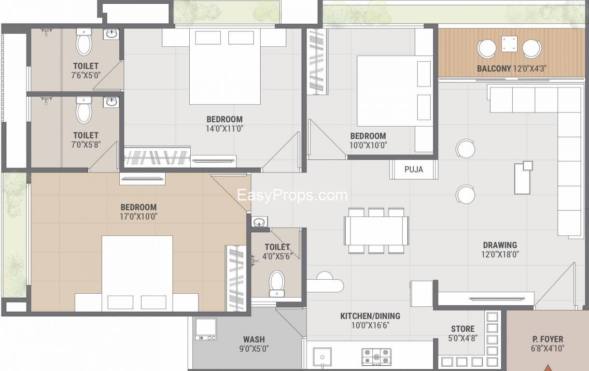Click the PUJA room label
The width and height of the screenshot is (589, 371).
pos(414,170)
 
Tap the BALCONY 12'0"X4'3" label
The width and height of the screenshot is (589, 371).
pos(511,69)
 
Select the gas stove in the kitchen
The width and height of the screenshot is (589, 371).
pos(376,357)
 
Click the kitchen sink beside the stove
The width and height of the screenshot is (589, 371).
pos(322,357)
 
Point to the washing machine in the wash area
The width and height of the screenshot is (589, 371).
pos(206,329)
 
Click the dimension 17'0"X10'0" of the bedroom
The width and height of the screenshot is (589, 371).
pos(139,216)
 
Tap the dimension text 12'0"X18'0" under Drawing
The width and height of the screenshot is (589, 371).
pos(500,255)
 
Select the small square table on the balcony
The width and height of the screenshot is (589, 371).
pos(509,44)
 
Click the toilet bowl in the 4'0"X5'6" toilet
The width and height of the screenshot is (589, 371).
pos(277,284)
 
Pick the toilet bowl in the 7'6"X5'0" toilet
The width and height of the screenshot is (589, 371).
pos(84,42)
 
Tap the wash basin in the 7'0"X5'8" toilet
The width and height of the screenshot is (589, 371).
pos(111,102)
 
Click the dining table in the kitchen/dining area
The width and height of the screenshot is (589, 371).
pos(376,231)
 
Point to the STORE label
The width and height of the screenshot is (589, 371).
pos(463,329)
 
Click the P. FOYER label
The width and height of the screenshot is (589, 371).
pos(548,339)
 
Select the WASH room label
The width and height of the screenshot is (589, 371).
pos(254,340)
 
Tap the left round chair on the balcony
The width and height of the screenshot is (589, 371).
pos(487,49)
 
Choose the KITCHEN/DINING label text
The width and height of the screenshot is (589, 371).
pos(370,316)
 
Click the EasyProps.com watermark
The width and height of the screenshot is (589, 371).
pos(293,195)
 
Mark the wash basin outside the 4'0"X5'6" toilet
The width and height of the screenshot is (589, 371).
pos(260,222)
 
